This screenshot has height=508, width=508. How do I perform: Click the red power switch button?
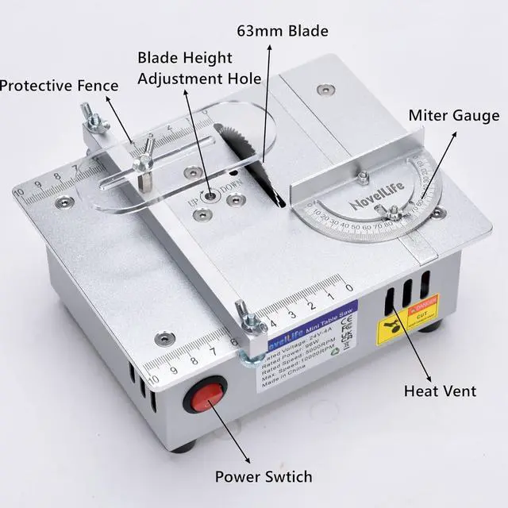(x=205, y=394)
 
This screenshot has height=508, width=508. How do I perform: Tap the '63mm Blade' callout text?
(x=282, y=32)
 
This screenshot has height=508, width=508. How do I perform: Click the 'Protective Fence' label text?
(x=60, y=85)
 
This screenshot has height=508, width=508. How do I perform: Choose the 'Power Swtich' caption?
(x=264, y=477)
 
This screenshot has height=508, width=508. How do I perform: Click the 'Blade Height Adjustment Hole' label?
(x=186, y=68)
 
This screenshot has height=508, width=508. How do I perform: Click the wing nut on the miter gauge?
(x=391, y=210)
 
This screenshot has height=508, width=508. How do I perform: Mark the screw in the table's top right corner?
(x=324, y=89)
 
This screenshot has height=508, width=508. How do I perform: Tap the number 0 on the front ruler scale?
(x=348, y=286)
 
